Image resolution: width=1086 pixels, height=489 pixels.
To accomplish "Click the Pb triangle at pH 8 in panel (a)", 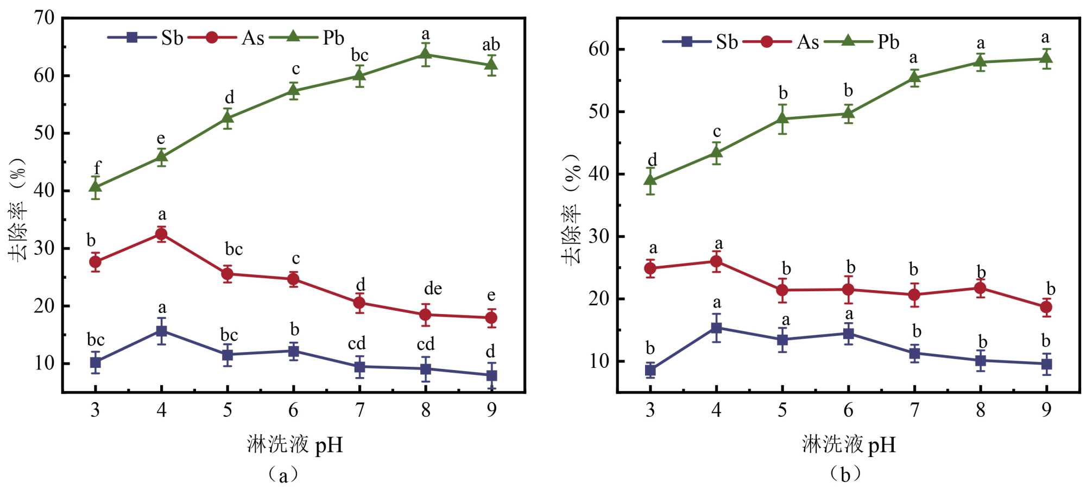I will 426,54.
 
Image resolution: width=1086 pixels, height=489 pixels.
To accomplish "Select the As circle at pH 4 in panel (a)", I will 161,234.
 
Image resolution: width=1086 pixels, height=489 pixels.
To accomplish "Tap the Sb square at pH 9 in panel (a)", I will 491,375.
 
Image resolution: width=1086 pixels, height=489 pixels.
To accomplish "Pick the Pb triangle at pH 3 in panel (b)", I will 651,180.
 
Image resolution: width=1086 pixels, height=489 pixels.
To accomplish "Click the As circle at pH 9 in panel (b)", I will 1046,307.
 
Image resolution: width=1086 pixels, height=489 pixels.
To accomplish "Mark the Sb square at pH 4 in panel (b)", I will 716,328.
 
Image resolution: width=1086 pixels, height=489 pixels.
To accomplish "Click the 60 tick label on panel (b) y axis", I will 599,49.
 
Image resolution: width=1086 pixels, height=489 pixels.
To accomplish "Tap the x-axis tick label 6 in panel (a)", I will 293,410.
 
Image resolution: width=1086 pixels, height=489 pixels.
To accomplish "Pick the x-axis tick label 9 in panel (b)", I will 1046,410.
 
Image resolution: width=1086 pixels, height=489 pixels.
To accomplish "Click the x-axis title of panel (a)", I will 295,444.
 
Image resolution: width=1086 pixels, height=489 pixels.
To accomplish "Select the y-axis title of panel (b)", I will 571,209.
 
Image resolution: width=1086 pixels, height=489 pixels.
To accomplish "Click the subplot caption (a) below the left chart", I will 283,474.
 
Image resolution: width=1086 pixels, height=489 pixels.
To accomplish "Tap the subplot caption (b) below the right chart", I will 845,474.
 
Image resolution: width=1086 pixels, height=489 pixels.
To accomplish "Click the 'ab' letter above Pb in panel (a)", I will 491,45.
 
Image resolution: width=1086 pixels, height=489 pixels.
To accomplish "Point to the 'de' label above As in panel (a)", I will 433,289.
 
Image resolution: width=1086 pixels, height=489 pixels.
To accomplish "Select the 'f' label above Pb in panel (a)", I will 97,168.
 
